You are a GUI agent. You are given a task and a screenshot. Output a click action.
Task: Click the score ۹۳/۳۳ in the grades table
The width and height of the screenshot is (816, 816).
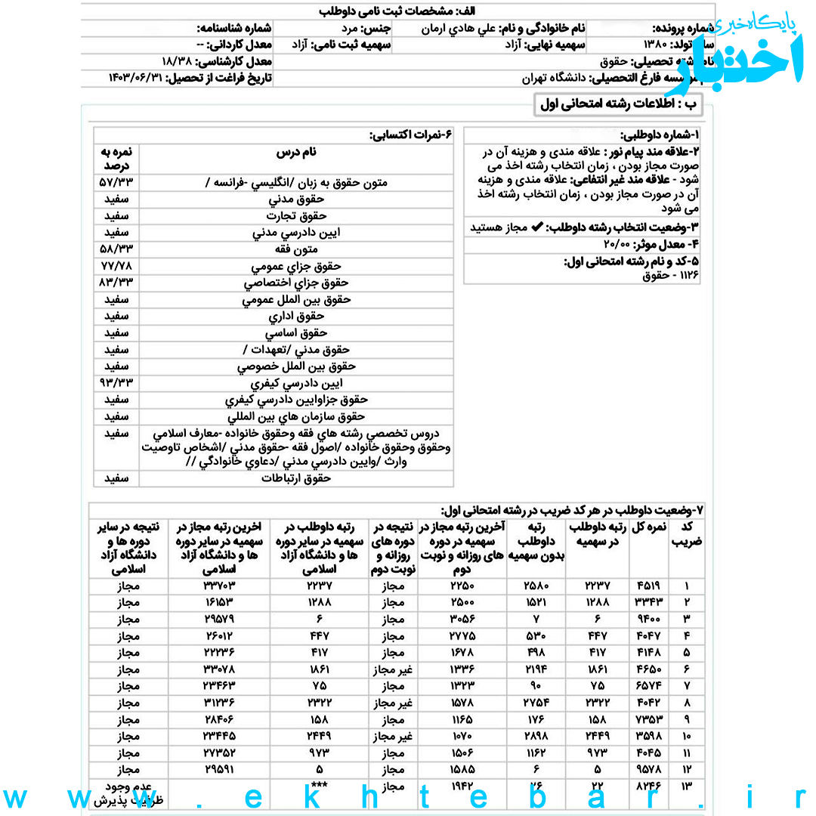coord(116,383)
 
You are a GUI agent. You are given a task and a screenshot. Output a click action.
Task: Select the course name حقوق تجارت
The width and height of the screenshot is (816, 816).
coord(297,216)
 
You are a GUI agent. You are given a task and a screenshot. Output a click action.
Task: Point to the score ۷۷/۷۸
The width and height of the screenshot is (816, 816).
coord(116,266)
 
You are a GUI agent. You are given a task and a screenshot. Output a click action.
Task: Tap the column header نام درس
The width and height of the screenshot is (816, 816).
coord(297,152)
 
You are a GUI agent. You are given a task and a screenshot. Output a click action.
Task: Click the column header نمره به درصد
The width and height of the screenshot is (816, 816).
coord(116,158)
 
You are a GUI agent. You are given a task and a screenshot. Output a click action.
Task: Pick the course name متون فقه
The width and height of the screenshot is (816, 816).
coord(297,249)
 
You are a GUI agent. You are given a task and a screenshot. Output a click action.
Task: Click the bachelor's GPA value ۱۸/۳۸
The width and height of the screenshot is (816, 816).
coord(178,61)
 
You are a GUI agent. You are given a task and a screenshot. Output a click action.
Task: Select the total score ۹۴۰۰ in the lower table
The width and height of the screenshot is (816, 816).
coord(649,619)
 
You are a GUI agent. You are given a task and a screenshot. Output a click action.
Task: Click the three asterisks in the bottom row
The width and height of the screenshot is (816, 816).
coord(319,786)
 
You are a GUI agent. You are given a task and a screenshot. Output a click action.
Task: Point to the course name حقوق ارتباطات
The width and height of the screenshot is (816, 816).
coord(297,478)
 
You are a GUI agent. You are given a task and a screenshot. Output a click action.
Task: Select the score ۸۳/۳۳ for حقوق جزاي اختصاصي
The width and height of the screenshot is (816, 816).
coord(116,283)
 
